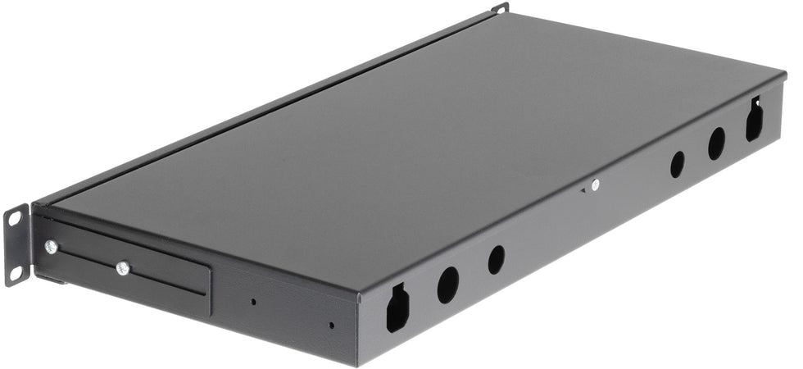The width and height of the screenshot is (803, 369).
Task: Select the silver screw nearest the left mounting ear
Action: pos(51,246)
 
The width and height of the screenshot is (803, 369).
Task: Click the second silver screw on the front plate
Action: pos(123,267)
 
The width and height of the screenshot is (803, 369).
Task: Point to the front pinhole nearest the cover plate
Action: pos(253,301)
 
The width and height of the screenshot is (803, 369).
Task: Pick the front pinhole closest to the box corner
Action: pos(331,325)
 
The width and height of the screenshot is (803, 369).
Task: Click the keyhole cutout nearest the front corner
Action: pos(397,307)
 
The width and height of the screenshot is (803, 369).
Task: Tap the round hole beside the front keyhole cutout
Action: pos(447,284)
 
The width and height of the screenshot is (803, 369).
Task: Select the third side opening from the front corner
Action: pos(496,260)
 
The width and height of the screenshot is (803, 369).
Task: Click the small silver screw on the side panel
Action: pos(595,185)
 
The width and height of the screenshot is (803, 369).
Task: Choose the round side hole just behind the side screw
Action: pos(677,164)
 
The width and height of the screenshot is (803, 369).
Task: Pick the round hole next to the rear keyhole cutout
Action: pos(716,143)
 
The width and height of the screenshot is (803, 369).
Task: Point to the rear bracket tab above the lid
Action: pos(500,8)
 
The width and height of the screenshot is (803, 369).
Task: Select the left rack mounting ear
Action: pos(16,244)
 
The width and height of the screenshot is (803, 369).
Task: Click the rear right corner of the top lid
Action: pos(783,74)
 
